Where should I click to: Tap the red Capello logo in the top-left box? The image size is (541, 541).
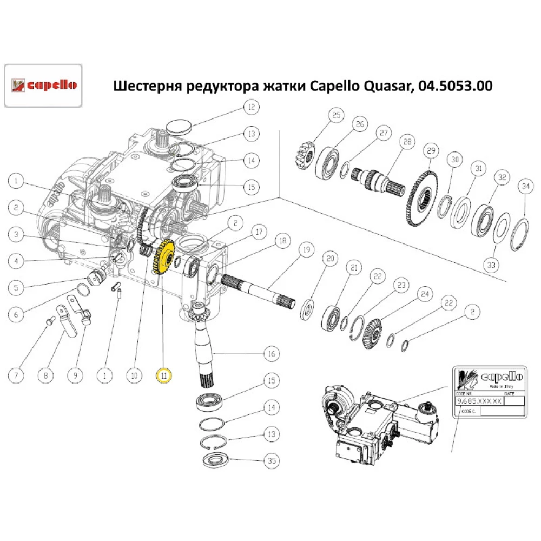43,85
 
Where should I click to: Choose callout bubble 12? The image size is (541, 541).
251,107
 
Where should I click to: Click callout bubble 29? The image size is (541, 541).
431,150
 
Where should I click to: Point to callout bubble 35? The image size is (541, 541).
272,461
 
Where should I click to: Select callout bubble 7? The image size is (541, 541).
17,374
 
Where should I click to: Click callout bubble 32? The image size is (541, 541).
502,177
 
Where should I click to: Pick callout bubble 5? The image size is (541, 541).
17,287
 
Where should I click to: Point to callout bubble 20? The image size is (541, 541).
330,259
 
